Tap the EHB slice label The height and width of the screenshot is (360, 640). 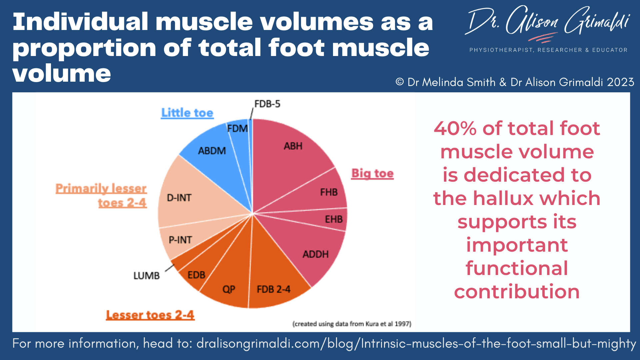[334, 219]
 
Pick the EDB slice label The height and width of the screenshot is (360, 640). [196, 275]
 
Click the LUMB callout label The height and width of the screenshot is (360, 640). [147, 276]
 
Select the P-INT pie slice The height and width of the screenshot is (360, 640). [180, 240]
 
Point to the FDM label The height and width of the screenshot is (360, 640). [238, 128]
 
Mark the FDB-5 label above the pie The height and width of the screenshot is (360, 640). [267, 104]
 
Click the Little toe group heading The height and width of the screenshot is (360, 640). [187, 113]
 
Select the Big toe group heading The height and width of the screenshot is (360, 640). [373, 174]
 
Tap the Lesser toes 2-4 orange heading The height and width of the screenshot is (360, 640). [150, 315]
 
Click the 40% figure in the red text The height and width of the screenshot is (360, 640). [455, 128]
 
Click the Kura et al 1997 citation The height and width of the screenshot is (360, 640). [352, 324]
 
